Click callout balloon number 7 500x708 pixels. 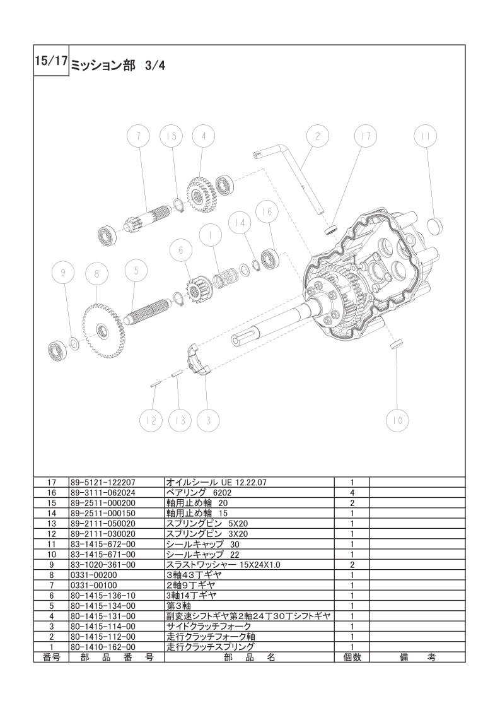138,136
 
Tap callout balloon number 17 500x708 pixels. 366,136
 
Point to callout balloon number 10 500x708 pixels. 398,420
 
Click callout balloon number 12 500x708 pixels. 151,420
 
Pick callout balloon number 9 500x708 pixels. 63,272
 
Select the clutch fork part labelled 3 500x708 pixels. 199,358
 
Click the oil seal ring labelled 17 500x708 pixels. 331,229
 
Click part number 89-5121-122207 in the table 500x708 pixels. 103,482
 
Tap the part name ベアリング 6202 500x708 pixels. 199,493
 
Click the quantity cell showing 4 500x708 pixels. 352,493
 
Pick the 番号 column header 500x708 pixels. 52,658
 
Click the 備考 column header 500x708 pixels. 417,658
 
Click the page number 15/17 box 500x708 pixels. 51,61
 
